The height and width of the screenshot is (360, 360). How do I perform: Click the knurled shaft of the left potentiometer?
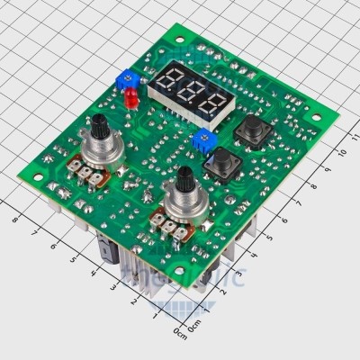coord(95,126)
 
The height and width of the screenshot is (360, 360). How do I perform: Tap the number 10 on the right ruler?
coord(331,166)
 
